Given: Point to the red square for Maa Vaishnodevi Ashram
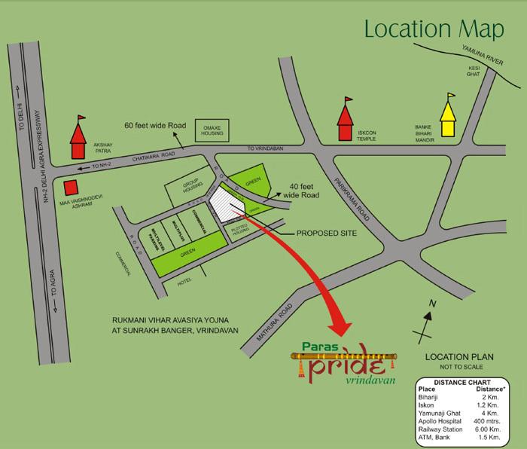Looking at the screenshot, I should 71,188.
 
